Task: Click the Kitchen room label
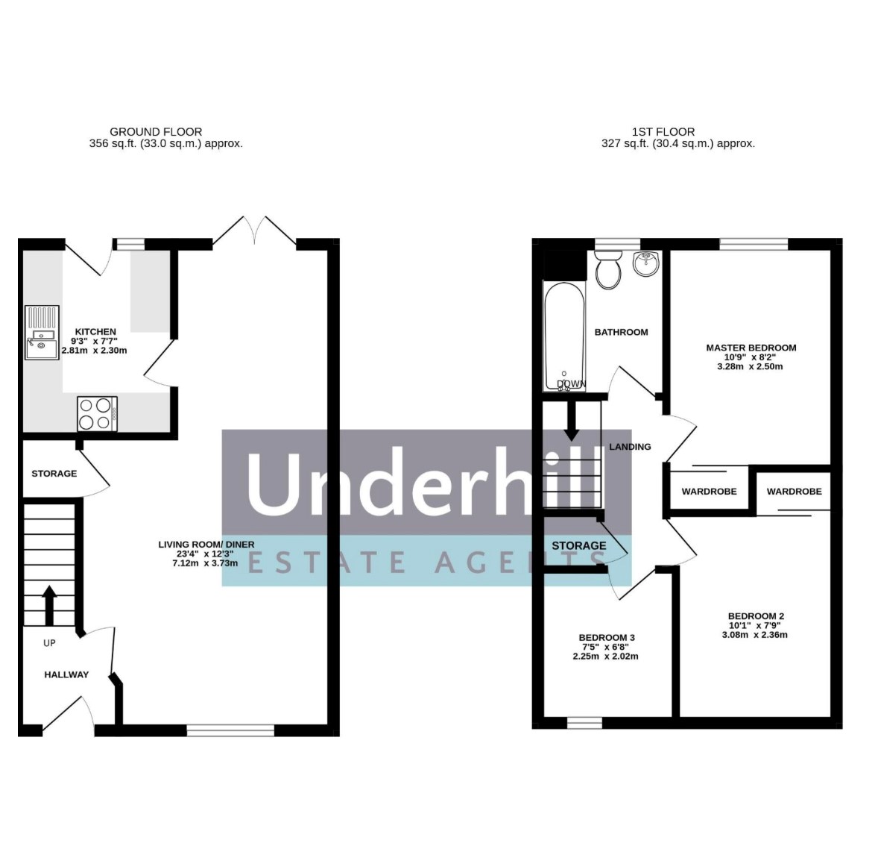95,332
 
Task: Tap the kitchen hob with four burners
98,413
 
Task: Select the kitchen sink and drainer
42,332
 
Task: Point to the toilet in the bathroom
608,269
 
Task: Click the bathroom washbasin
646,264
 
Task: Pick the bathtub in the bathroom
564,336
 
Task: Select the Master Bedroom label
751,348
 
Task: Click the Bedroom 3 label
607,638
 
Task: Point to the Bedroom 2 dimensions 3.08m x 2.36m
755,634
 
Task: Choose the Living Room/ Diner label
206,545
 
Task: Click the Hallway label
66,674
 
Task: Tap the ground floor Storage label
54,474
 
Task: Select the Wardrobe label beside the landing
709,492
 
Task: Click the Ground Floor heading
156,132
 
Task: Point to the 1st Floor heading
663,132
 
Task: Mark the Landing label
630,447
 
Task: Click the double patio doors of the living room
255,231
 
